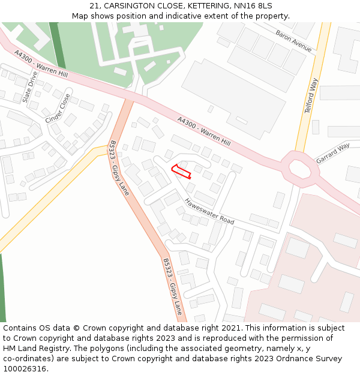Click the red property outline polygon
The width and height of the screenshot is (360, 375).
181,172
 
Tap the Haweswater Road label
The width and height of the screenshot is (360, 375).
209,212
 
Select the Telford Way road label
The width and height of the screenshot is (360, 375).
310,98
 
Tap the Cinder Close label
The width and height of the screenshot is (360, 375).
58,109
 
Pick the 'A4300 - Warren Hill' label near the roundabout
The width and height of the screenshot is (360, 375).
204,131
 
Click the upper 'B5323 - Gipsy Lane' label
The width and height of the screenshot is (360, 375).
119,168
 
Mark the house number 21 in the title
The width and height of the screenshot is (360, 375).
94,5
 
